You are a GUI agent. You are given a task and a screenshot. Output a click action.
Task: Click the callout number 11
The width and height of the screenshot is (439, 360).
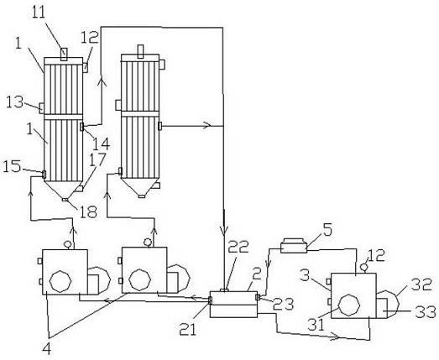coord(39,12)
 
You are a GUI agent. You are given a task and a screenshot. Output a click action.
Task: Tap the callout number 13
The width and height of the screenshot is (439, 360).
coord(15,102)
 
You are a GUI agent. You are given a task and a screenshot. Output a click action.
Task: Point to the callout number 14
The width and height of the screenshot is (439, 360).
coord(101,143)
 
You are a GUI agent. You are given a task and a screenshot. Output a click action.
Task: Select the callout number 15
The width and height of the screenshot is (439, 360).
coord(12,166)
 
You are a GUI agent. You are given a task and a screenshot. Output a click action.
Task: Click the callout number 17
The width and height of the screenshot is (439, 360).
coord(97,159)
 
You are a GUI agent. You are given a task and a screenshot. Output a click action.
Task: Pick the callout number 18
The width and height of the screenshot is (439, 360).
coord(88,211)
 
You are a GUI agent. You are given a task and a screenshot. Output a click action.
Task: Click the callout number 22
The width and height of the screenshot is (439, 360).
coord(238,247)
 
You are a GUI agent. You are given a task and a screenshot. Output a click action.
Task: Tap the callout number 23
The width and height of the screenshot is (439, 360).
coord(284,304)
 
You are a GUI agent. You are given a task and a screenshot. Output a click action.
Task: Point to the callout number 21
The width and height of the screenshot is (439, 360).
coord(188,328)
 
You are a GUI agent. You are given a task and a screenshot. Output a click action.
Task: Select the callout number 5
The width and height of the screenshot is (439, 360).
coord(327,229)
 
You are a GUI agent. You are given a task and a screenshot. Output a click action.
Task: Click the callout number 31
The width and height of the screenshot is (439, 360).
coord(316,325)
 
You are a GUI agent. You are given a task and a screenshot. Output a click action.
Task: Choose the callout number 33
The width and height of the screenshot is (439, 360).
coord(426,312)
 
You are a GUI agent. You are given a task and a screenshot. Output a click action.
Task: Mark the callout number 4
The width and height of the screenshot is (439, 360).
coord(47,349)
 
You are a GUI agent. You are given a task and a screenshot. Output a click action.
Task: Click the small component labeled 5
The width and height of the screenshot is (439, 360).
coord(294,246)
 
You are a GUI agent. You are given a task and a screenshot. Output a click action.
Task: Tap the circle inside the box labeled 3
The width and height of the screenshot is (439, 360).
coord(349,305)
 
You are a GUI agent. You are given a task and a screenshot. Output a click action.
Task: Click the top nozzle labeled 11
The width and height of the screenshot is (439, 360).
coord(64,55)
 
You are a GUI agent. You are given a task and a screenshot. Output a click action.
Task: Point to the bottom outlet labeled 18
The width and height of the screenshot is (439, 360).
coord(65,200)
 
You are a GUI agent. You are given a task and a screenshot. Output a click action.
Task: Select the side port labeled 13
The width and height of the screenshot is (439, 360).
coord(41,108)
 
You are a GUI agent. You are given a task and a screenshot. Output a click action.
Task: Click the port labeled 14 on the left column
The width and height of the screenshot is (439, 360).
coord(81,127)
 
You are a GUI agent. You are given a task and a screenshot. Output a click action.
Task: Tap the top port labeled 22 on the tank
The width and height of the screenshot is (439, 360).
coord(224,290)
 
